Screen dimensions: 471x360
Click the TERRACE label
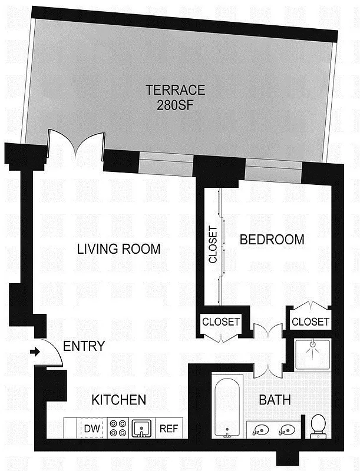click(x=176, y=90)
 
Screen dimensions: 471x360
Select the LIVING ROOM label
click(x=118, y=249)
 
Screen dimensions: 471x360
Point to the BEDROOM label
click(x=272, y=240)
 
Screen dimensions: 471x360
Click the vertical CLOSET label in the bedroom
click(x=213, y=244)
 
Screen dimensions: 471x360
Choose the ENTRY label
click(x=84, y=346)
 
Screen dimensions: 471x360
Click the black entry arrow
click(x=35, y=353)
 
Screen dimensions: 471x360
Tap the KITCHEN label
click(x=118, y=400)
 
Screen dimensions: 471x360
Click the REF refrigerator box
click(x=169, y=428)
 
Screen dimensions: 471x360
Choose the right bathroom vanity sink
click(x=287, y=430)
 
